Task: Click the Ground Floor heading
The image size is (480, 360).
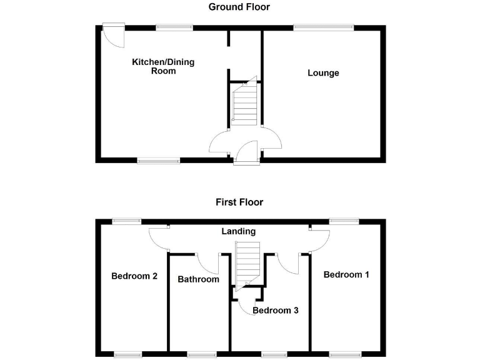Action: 239,7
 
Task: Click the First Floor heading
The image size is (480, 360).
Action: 239,202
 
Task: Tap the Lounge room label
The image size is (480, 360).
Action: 323,73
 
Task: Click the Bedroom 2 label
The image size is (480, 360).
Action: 134,276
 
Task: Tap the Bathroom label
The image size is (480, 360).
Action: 198,279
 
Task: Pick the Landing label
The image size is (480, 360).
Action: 239,231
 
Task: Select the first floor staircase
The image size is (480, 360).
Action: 246,262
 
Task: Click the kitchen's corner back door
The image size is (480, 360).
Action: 114,34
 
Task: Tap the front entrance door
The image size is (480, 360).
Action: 247,154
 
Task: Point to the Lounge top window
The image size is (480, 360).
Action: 323,26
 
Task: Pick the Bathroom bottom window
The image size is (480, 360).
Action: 199,354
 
